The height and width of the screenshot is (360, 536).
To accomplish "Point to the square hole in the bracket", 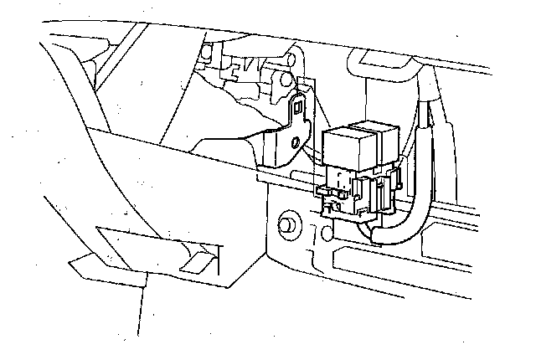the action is [x=300, y=106].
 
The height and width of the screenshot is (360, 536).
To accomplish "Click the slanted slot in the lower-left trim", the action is [x=201, y=260].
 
